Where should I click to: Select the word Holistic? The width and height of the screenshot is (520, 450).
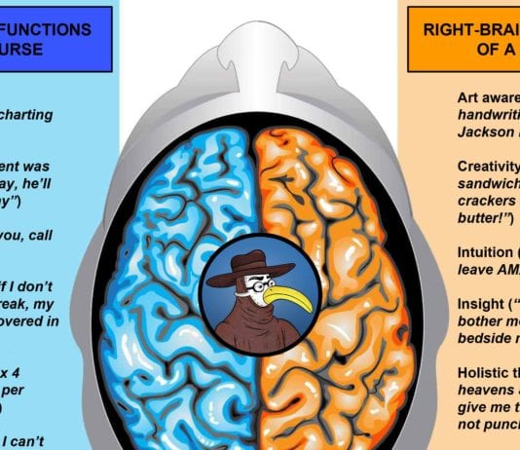[x=483, y=371]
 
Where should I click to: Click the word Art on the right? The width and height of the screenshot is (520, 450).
[x=468, y=97]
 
